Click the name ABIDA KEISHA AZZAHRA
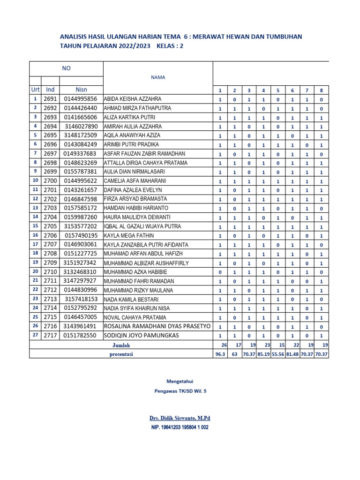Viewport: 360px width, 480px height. pos(132,99)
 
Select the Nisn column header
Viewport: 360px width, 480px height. pos(81,90)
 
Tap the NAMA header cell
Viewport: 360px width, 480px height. pos(157,77)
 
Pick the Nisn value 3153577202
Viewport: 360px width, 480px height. pos(80,226)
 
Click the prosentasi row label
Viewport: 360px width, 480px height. pos(121,354)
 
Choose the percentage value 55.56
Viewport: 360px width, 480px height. pos(278,354)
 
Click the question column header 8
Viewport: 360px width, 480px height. pos(321,90)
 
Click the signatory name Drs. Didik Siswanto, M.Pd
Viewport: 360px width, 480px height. pos(177,418)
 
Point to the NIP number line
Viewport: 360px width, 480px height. pos(180,427)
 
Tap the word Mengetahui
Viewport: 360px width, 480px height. pos(180,382)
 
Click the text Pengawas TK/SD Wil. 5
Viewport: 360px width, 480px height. pos(180,391)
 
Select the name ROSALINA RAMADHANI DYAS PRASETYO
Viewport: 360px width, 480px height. pos(157,326)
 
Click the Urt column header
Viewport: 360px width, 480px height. pos(35,90)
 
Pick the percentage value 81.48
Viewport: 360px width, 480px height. pos(292,354)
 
